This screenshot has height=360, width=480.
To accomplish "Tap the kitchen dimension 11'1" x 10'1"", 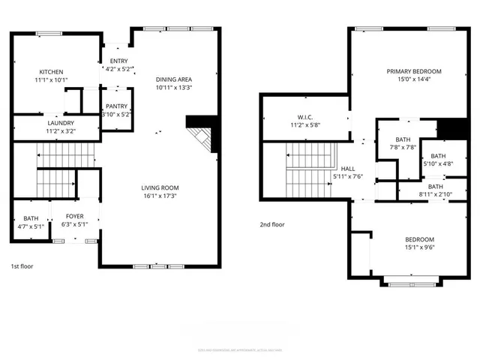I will click(50, 79).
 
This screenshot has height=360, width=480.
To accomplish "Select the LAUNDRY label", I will click(60, 123).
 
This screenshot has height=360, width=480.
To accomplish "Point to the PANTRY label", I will click(116, 106).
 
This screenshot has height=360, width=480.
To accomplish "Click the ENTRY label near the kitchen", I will click(118, 61).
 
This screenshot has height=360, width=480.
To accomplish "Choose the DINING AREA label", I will click(174, 79).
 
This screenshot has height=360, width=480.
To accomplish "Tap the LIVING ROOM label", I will click(160, 187).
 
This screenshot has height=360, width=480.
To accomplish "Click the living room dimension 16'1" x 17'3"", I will click(160, 196).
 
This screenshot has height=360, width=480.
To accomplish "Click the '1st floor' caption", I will click(22, 266).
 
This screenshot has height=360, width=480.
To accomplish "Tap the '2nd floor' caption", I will click(271, 224).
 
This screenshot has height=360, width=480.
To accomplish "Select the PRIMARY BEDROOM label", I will click(414, 71).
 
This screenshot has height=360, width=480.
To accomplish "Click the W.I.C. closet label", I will click(304, 117).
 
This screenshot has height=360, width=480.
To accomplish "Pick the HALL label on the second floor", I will click(348, 169).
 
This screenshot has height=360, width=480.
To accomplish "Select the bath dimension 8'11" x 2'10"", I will click(435, 193).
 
